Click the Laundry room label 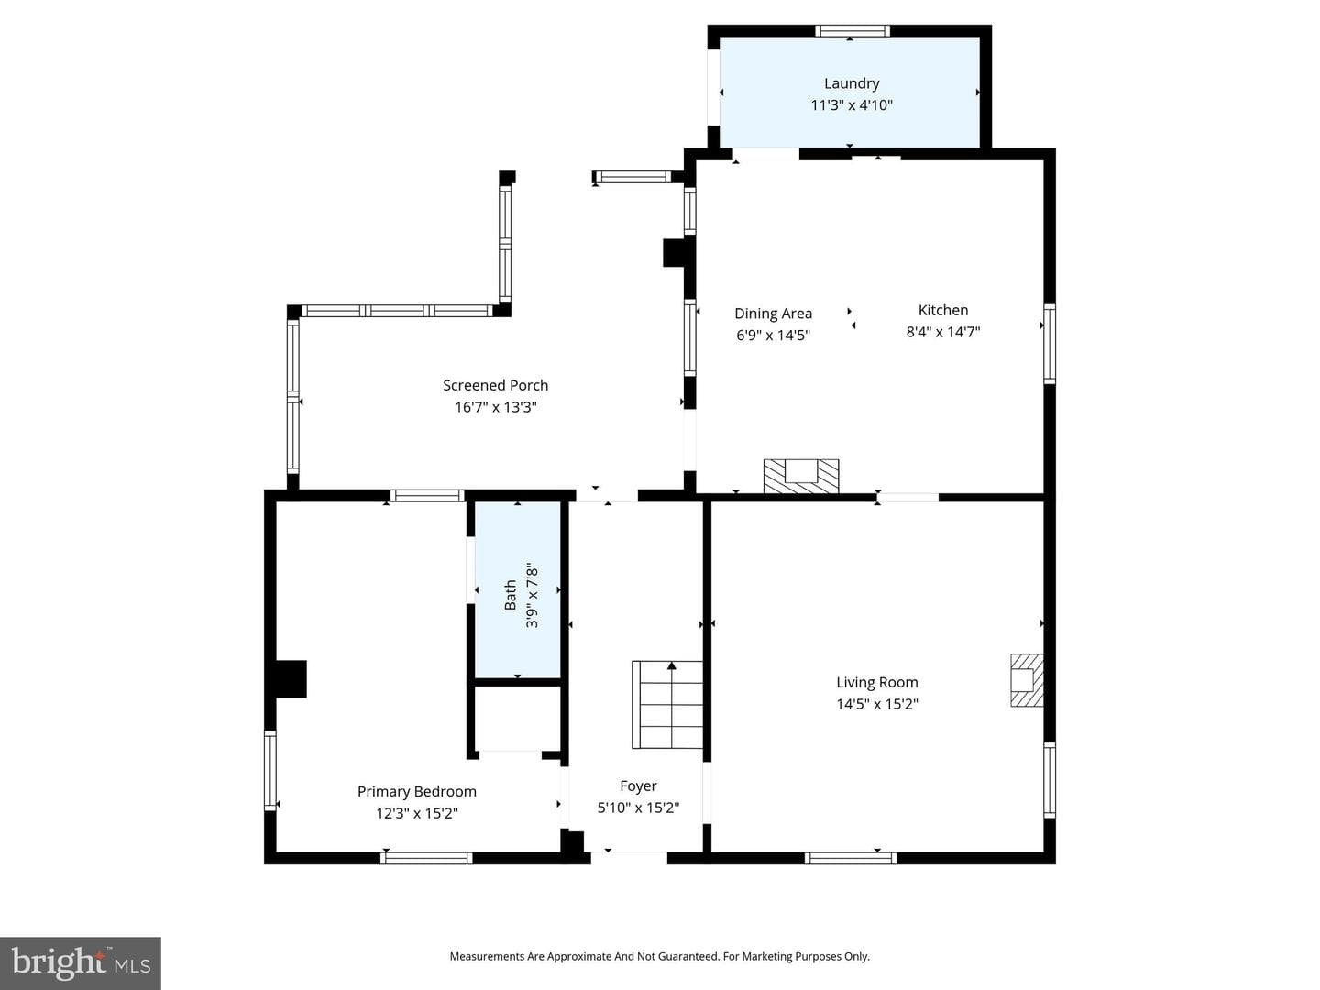[852, 83]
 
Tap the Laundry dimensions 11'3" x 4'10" [852, 105]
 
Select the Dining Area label [774, 313]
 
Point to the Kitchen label [943, 310]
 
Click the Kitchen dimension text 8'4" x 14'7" [943, 332]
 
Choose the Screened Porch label [496, 385]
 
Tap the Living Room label [877, 682]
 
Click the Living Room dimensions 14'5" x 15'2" [877, 704]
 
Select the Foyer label [638, 786]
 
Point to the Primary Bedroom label [417, 792]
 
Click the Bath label [511, 595]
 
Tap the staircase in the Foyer [667, 705]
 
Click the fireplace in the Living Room [1027, 680]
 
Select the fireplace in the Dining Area [801, 476]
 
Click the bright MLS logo [81, 962]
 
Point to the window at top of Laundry [852, 31]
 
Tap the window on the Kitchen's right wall [1050, 344]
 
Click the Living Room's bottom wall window [851, 858]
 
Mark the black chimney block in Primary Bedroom [291, 679]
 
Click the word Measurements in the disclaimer [488, 956]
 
